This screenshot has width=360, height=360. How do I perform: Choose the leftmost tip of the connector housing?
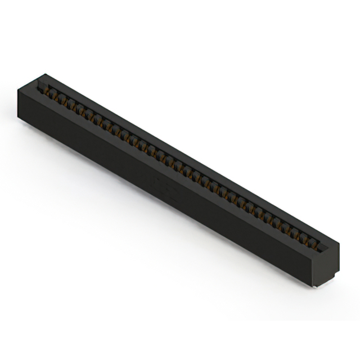[18, 90]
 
